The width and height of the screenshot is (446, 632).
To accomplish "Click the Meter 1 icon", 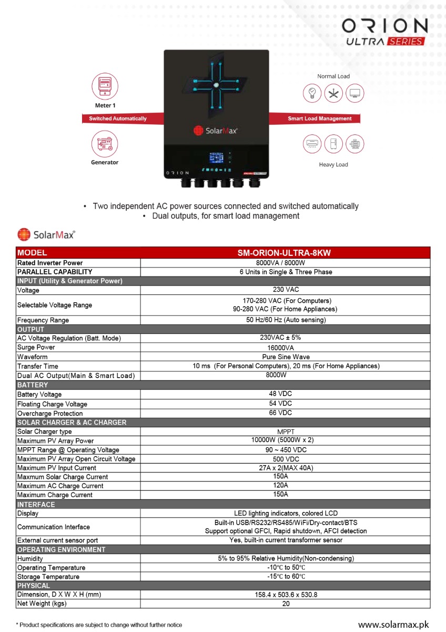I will [105, 86].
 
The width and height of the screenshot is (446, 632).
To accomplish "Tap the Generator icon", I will [105, 143].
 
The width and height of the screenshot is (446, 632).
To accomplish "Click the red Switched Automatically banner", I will [118, 118].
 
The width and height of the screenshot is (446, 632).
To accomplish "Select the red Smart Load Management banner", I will [320, 118].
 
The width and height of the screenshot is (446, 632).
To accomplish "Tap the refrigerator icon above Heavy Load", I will [333, 143].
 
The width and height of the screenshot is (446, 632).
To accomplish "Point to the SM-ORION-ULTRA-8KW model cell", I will [285, 253].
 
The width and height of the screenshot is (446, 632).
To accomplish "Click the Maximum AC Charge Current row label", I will [60, 486].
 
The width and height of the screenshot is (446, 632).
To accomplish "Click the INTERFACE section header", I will [36, 505].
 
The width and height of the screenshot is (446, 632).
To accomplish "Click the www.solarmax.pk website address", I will [393, 625].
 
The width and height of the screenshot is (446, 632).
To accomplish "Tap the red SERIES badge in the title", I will [405, 42].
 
